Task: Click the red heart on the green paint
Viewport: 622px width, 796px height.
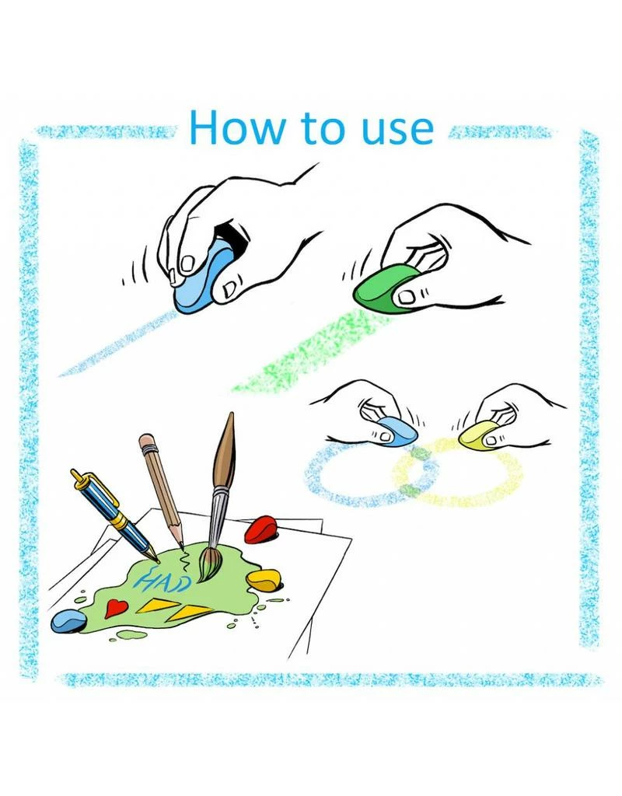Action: (116, 607)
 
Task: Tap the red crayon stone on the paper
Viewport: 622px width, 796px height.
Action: (260, 529)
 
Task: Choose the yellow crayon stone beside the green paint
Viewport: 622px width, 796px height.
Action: (264, 580)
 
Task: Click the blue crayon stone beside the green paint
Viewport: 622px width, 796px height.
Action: (68, 621)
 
